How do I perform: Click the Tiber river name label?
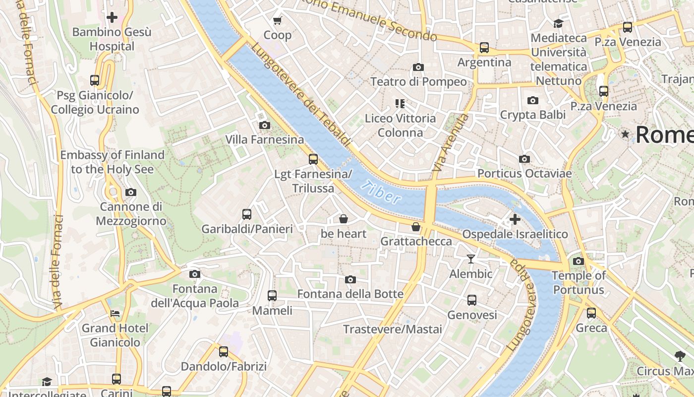pyautogui.click(x=381, y=192)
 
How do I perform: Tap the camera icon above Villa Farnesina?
pyautogui.click(x=265, y=125)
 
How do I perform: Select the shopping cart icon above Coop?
pyautogui.click(x=278, y=20)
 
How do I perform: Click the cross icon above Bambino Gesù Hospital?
pyautogui.click(x=112, y=17)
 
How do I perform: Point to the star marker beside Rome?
pyautogui.click(x=626, y=134)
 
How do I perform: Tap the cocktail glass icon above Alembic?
pyautogui.click(x=471, y=259)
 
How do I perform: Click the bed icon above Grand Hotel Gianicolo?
pyautogui.click(x=115, y=314)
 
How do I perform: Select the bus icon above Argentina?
pyautogui.click(x=484, y=48)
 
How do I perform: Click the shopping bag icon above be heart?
pyautogui.click(x=343, y=219)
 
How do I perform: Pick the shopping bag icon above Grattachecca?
pyautogui.click(x=416, y=227)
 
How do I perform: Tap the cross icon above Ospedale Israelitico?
pyautogui.click(x=515, y=219)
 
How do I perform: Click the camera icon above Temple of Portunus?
pyautogui.click(x=578, y=261)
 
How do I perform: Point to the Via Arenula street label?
pyautogui.click(x=450, y=144)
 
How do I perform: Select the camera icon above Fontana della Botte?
pyautogui.click(x=350, y=279)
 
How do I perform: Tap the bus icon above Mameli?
pyautogui.click(x=272, y=296)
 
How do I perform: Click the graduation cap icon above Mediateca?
pyautogui.click(x=558, y=23)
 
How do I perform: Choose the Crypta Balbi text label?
pyautogui.click(x=532, y=115)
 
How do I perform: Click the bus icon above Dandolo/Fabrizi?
pyautogui.click(x=224, y=352)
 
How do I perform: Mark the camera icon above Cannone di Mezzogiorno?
pyautogui.click(x=131, y=192)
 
